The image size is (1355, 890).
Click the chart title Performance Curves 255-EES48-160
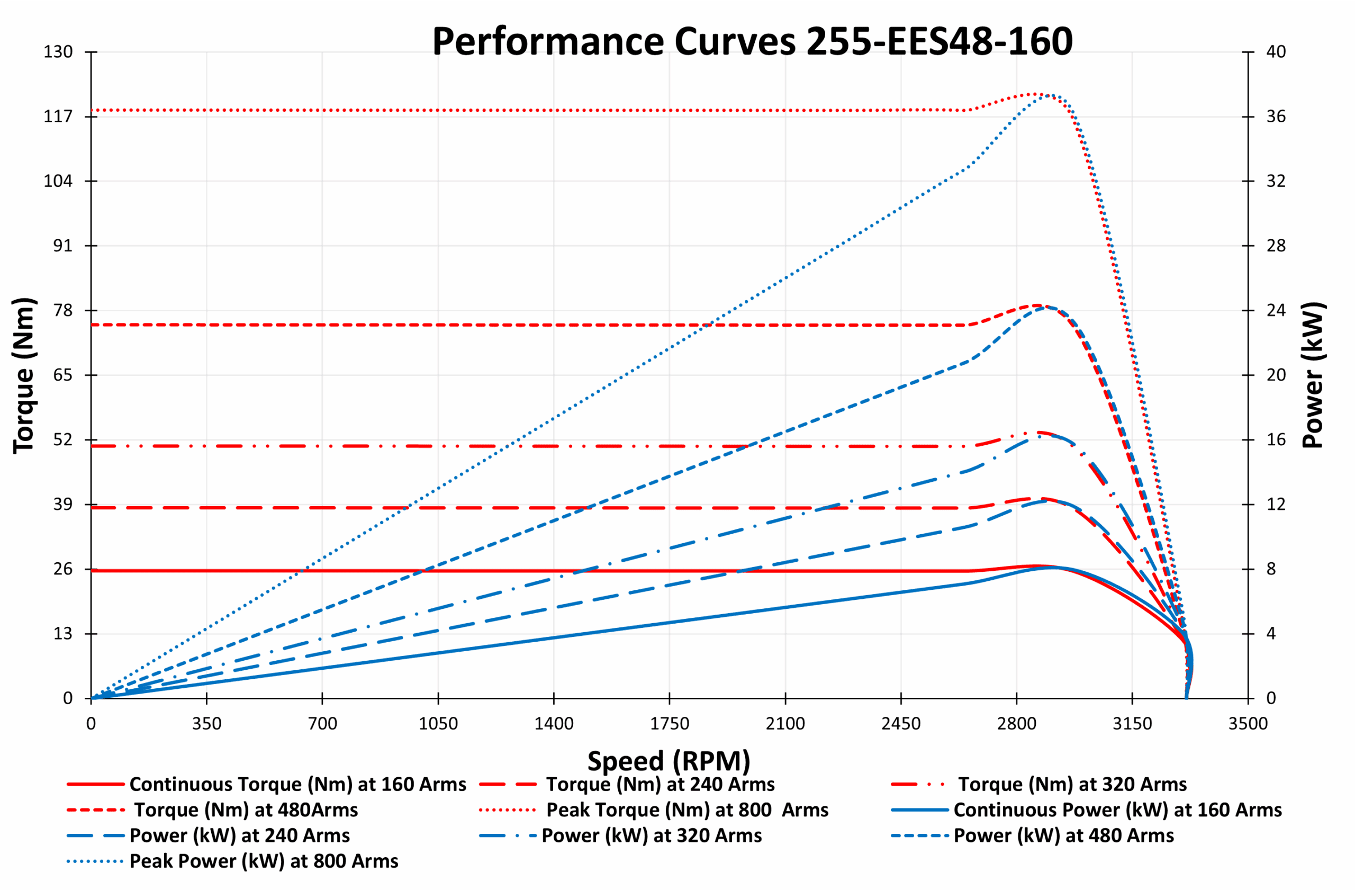tap(752, 42)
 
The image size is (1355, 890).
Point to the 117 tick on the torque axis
tap(59, 116)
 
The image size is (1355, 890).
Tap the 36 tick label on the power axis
tap(1276, 116)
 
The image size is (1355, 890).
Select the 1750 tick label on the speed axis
tap(670, 724)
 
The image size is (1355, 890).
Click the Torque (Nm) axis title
tap(24, 375)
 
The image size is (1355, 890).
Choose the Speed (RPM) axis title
tap(669, 761)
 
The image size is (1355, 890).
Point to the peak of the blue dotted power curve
tap(1049, 95)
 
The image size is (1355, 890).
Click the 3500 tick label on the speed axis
tap(1248, 724)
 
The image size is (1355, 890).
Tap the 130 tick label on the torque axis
tap(59, 52)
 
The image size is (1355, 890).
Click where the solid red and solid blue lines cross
tap(1054, 568)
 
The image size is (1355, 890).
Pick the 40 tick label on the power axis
tap(1276, 52)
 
